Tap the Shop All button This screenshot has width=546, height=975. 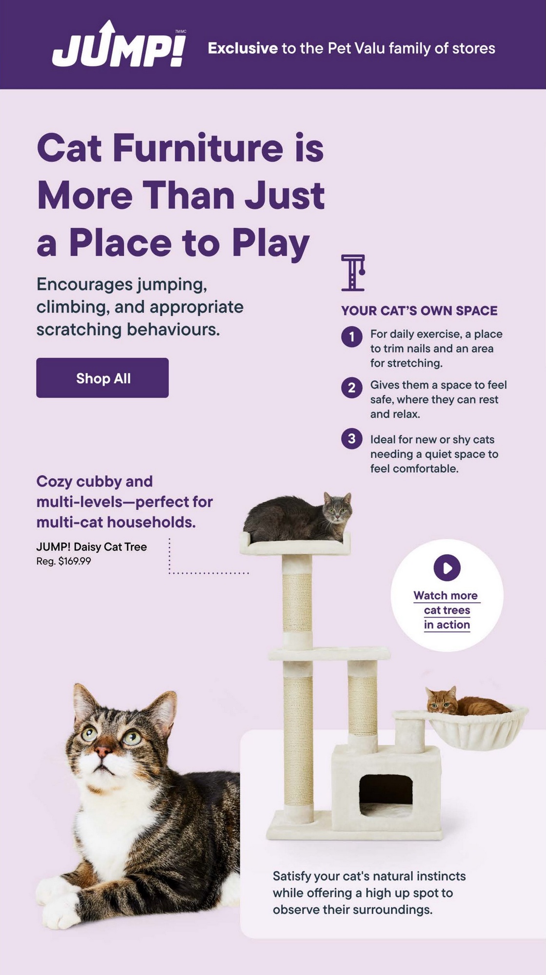[x=102, y=378]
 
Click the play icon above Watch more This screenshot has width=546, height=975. [x=447, y=567]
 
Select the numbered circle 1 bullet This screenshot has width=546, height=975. [x=351, y=336]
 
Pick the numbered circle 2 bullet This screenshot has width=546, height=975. [x=351, y=388]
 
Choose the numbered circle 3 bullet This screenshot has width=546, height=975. [x=351, y=438]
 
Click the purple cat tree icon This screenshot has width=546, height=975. [x=353, y=273]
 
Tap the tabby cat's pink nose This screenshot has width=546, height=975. [x=103, y=751]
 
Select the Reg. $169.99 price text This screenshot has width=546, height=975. [x=63, y=561]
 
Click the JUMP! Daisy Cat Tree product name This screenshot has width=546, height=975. [x=92, y=547]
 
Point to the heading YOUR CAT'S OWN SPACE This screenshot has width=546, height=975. [x=419, y=311]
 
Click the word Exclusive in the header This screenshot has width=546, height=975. [x=243, y=48]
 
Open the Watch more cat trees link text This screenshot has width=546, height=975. [x=447, y=610]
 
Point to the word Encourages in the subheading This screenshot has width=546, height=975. [x=84, y=284]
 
